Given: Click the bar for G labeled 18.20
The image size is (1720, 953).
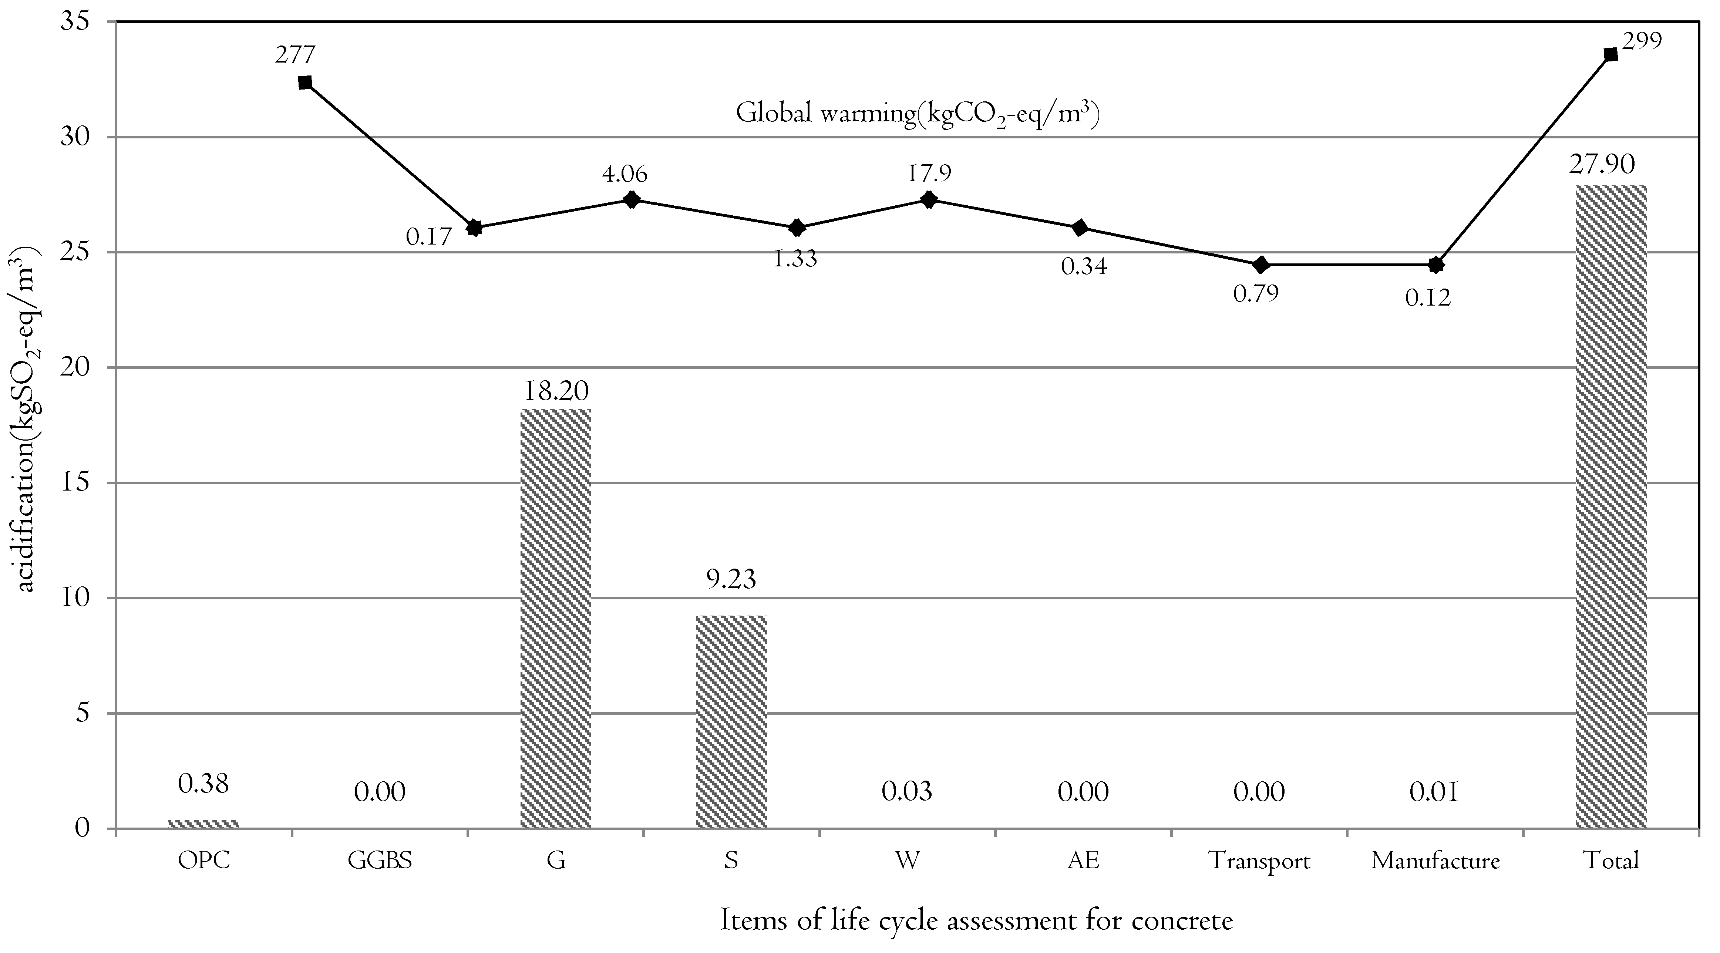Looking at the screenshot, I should (x=556, y=619).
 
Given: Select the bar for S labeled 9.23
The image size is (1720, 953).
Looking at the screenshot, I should (x=731, y=722).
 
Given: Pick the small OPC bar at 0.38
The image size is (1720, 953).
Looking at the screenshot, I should (x=203, y=824).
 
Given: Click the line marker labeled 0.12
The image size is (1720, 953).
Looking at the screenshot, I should (x=1436, y=265).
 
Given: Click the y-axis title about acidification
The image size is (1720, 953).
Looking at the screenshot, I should (x=27, y=421).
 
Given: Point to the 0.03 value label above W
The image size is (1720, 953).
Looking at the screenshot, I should (x=907, y=792).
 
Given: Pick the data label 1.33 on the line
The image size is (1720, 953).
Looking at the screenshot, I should (x=795, y=258).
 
